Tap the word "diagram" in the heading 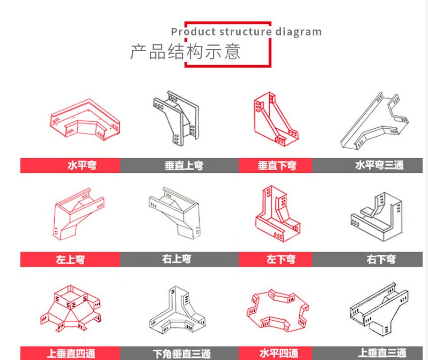[x=298, y=32]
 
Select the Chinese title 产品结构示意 [x=186, y=52]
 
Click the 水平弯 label [x=82, y=165]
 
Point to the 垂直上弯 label [x=184, y=166]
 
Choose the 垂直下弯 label [x=277, y=166]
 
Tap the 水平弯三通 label [x=379, y=165]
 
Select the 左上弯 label [x=70, y=259]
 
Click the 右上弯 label [x=176, y=259]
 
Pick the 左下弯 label [x=281, y=259]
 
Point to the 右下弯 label [x=381, y=259]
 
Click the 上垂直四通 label [x=71, y=354]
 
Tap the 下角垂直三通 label [x=182, y=354]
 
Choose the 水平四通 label [x=279, y=353]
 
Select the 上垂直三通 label [x=382, y=353]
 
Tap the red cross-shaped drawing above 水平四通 [x=278, y=311]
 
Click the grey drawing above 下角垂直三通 [x=178, y=310]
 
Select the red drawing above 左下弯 [x=278, y=214]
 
